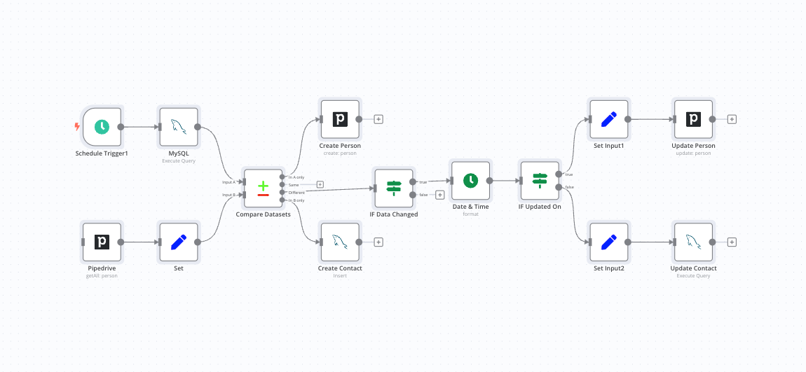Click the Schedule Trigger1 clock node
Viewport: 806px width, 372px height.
[x=102, y=127]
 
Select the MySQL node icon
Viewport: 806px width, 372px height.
[x=179, y=127]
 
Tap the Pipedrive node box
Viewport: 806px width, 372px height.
[x=102, y=242]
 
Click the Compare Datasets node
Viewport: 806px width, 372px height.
[x=263, y=188]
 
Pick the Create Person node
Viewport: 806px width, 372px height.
[x=340, y=119]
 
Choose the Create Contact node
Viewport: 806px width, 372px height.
[x=340, y=242]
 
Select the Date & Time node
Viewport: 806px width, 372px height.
[x=470, y=181]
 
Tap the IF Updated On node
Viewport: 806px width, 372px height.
[x=539, y=181]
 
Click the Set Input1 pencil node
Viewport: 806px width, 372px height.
[x=609, y=119]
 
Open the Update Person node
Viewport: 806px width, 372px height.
[x=693, y=119]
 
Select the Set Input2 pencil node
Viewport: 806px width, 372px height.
[x=609, y=242]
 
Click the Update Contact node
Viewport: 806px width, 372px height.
[x=693, y=242]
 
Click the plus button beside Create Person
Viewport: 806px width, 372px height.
[x=378, y=119]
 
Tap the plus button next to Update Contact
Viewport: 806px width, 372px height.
[x=732, y=242]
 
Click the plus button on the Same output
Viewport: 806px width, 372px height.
[x=320, y=185]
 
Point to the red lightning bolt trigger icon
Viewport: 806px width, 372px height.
[x=77, y=127]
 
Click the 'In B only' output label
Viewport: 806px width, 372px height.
[x=296, y=200]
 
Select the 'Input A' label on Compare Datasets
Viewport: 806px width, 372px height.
[x=228, y=182]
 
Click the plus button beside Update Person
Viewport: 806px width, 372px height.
[x=732, y=119]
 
